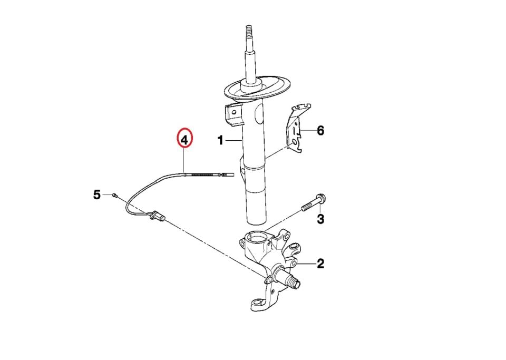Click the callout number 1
(220, 140)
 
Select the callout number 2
(320, 264)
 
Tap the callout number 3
(320, 219)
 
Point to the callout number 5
(97, 195)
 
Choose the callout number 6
(320, 131)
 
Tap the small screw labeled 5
(114, 194)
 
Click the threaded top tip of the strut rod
(249, 30)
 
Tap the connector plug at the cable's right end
(226, 174)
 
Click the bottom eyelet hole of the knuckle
(257, 303)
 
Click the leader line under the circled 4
(183, 161)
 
